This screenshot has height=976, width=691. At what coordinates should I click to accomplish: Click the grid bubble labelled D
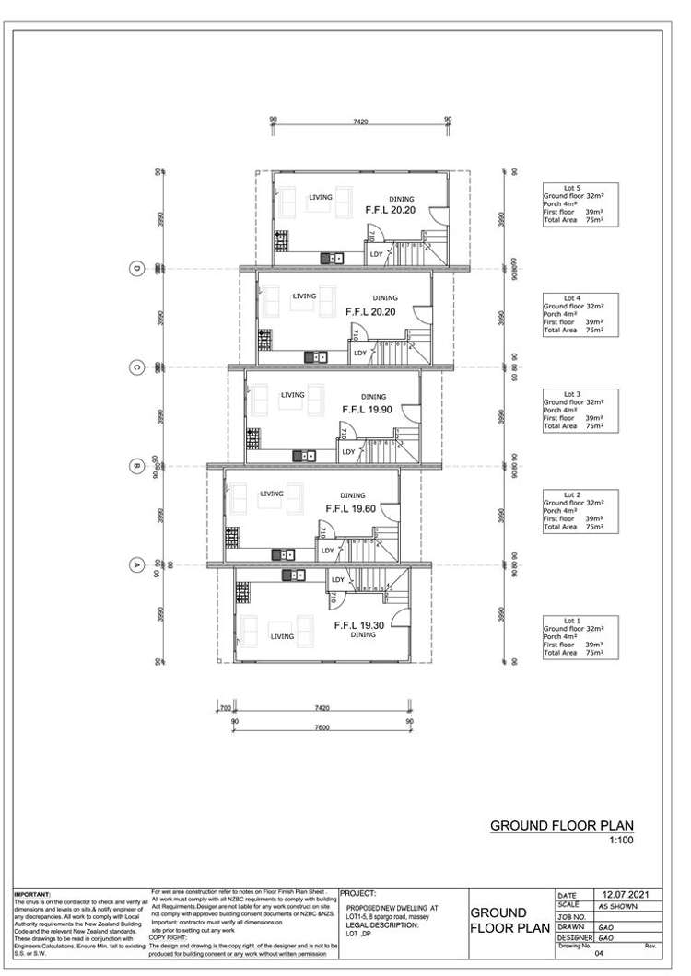click(x=136, y=268)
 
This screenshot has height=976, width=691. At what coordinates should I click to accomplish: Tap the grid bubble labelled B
click(x=136, y=465)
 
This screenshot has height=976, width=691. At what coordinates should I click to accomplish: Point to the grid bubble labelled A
click(x=136, y=564)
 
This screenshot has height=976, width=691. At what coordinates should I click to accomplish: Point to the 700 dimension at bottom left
click(x=224, y=709)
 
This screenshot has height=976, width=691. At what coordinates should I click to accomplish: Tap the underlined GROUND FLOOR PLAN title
click(x=561, y=826)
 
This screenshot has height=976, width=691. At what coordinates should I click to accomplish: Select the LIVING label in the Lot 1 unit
click(x=282, y=636)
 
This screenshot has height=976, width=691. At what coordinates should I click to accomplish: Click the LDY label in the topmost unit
click(x=376, y=254)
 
